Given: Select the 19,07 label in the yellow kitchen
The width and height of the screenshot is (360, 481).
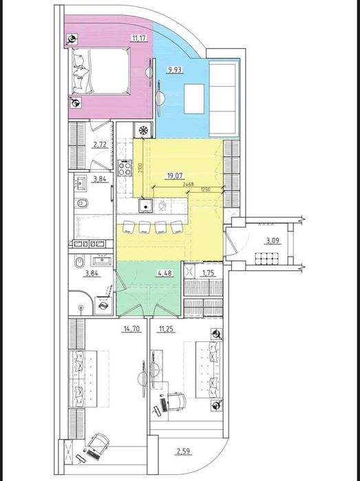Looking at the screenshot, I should (x=173, y=176).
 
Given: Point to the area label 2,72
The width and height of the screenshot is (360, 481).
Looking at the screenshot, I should (x=98, y=146).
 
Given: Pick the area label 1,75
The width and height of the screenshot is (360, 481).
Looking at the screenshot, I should (x=205, y=274).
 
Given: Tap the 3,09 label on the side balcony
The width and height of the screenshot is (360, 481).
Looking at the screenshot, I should (x=273, y=240).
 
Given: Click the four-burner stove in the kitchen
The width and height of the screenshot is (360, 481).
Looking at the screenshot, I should (x=125, y=168).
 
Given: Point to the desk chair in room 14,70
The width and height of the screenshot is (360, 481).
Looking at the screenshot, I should (x=100, y=441).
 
